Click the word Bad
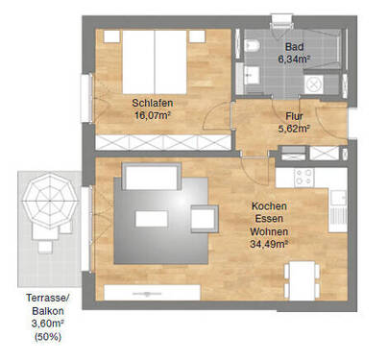tap(292, 45)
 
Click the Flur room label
tap(294, 115)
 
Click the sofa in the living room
tap(149, 180)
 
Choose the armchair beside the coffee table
tap(204, 220)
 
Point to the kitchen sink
tap(337, 199)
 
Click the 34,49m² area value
tap(270, 243)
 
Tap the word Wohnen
tap(270, 230)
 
